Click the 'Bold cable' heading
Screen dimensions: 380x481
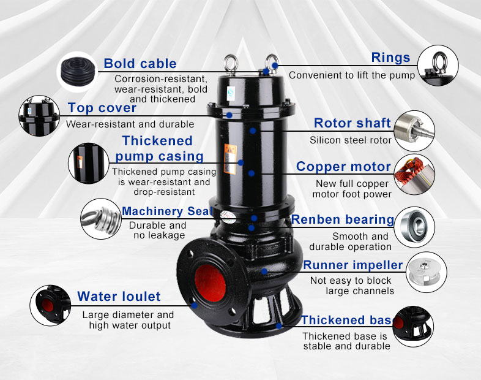tap(140, 63)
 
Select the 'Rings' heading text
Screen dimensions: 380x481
tap(390, 58)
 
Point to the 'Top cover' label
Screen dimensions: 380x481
tap(102, 108)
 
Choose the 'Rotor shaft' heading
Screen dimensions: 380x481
tap(352, 123)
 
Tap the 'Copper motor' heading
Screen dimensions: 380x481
tap(343, 167)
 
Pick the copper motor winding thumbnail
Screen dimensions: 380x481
tap(414, 175)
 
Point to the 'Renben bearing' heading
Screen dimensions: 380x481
tap(342, 219)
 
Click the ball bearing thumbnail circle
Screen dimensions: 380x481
tap(414, 227)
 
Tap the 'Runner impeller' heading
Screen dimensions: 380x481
tap(353, 265)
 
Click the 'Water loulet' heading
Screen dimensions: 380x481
tap(119, 297)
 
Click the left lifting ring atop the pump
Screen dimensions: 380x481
tap(232, 63)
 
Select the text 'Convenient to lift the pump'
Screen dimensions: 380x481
tap(351, 75)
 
